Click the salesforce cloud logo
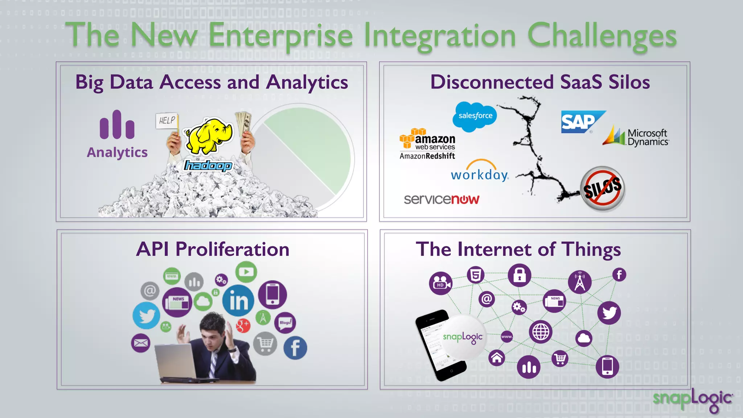coord(475,116)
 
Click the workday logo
coord(480,172)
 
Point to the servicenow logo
coord(442,199)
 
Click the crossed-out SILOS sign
coord(603,188)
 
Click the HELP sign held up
coord(167,120)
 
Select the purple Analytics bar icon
coord(117,125)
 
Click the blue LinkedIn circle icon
coord(238,300)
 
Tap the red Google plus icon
coord(243,325)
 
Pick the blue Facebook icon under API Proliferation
coord(295,348)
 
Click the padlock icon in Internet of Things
coord(519,275)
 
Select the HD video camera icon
coord(440,283)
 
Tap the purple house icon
coord(497,358)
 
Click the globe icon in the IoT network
coord(541,331)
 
